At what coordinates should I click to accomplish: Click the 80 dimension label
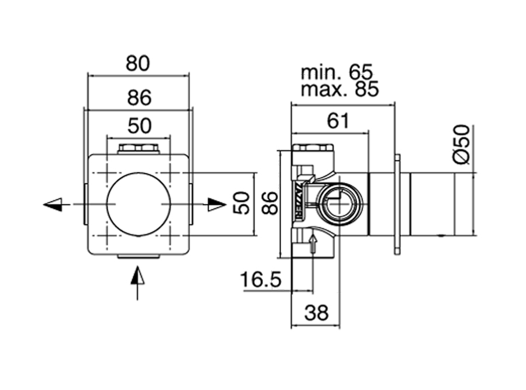click(137, 63)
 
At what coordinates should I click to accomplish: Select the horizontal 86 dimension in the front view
click(139, 98)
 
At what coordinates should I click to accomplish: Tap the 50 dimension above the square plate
click(139, 126)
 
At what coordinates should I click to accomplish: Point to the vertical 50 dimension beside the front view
click(241, 203)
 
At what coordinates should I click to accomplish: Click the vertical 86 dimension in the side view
click(270, 203)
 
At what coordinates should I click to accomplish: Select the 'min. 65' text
click(337, 72)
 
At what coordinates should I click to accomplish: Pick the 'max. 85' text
click(340, 89)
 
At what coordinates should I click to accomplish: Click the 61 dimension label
click(338, 121)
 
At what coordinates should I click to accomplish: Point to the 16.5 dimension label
click(261, 280)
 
